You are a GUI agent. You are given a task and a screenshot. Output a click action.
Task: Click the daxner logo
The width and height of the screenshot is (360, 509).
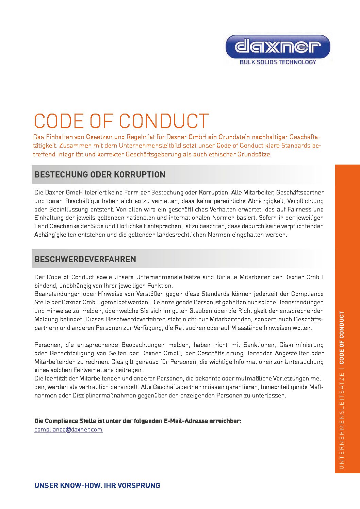coord(278,46)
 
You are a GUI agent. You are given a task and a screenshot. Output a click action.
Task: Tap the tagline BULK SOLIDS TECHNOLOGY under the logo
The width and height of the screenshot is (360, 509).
coord(278,62)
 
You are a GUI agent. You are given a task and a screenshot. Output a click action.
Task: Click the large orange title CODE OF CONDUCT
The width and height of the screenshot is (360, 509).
coord(121,121)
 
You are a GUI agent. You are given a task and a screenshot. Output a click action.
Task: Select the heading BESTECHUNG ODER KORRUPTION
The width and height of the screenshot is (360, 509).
coord(100,175)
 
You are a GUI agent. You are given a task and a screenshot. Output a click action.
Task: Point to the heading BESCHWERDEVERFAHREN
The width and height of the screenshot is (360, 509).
coord(85,259)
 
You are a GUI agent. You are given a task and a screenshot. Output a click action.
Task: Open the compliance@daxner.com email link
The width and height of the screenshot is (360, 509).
coord(68,429)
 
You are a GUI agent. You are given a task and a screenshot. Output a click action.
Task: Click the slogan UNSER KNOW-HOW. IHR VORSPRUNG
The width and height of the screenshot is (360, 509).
coord(97,485)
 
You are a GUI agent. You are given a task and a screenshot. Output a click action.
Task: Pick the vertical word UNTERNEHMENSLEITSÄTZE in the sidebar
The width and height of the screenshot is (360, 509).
coord(342,421)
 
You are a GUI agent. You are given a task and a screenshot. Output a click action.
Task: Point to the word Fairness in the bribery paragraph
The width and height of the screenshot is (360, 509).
coord(299,209)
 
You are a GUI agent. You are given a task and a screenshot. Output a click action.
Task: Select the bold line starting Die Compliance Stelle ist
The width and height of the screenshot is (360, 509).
coord(138,421)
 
